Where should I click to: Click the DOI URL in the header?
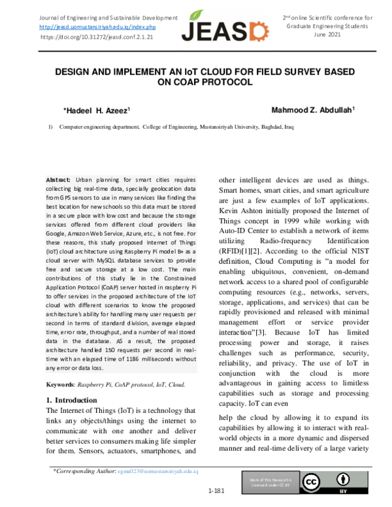pos(97,38)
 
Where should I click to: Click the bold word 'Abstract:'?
pos(58,179)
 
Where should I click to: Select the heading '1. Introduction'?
pos(71,399)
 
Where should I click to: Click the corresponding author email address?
pos(157,470)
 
